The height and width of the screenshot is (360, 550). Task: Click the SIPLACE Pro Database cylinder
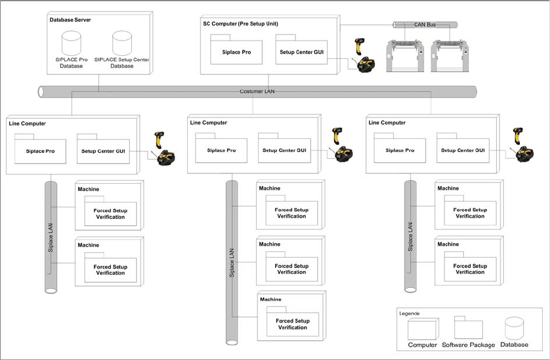point(71,44)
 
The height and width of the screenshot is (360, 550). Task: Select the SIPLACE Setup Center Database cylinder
point(122,44)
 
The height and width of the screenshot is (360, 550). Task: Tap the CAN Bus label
point(425,25)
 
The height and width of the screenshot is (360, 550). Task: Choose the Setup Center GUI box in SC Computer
point(302,52)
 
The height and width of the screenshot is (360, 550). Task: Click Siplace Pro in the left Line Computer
point(40,151)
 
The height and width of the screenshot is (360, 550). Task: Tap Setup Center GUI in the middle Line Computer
point(284,150)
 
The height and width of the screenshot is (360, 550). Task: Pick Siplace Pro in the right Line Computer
point(400,150)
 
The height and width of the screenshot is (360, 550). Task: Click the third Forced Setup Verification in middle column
point(293,324)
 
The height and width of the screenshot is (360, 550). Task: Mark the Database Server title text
point(70,20)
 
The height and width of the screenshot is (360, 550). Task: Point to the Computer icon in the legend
point(422,329)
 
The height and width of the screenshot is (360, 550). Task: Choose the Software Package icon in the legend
point(468,328)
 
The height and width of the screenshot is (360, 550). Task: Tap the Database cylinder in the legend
point(514,328)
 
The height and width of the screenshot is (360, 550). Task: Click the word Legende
point(409,313)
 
